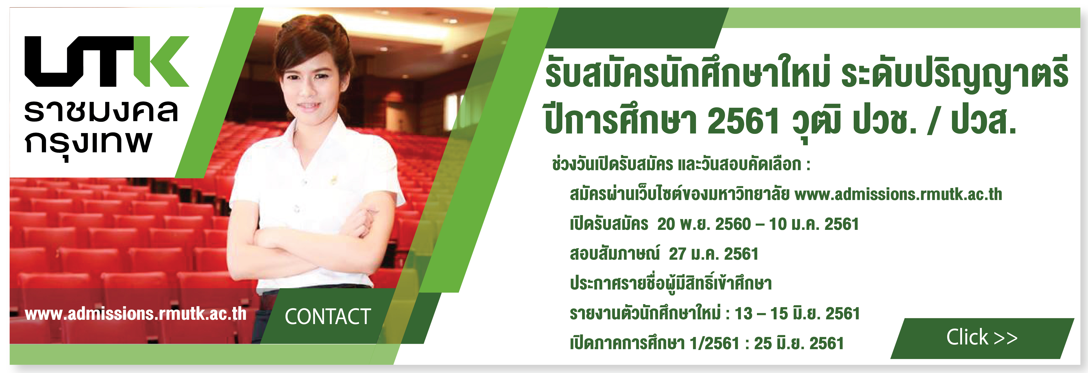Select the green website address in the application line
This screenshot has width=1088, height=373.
[x=898, y=194]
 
